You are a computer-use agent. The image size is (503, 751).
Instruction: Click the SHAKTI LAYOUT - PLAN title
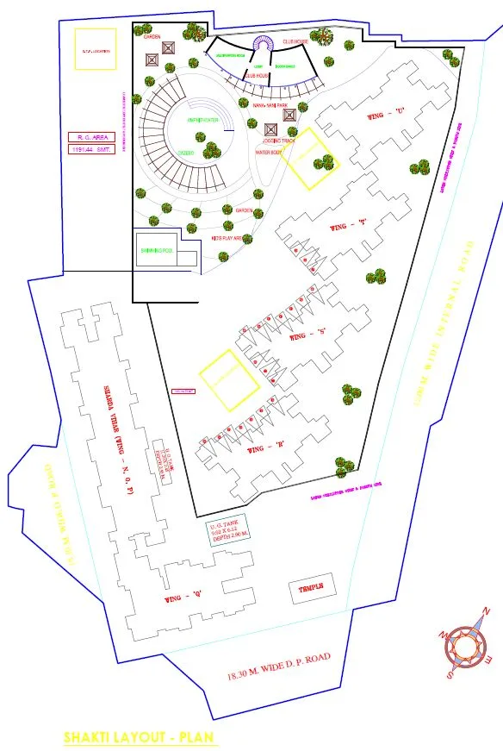[x=140, y=738]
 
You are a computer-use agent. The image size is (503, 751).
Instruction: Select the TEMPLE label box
[x=310, y=590]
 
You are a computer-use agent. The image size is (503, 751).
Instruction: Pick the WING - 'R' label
[x=266, y=449]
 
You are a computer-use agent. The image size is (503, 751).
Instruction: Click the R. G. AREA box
[x=91, y=136]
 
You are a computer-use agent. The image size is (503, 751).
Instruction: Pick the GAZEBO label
[x=184, y=153]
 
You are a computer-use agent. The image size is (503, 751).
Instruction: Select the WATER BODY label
[x=270, y=153]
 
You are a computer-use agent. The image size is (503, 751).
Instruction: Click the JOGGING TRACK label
[x=281, y=139]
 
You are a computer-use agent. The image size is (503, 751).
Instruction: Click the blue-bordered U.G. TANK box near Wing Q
[x=227, y=529]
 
